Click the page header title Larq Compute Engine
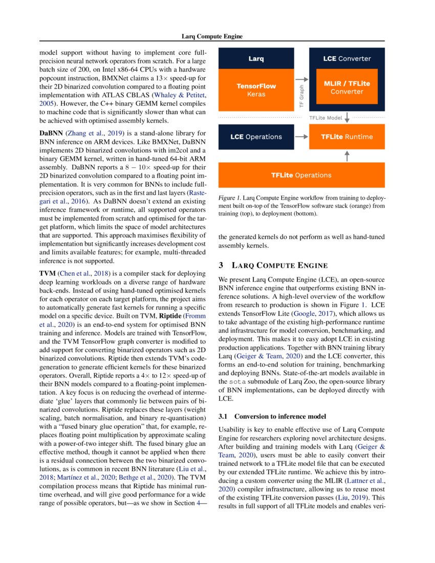pos(212,37)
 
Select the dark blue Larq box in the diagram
pos(256,59)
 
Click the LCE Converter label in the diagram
pos(346,59)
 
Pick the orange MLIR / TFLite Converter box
pos(346,87)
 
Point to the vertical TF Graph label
pos(301,96)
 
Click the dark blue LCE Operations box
pos(256,137)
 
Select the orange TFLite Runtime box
pos(346,137)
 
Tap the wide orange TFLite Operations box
pos(301,175)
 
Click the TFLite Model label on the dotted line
pos(325,118)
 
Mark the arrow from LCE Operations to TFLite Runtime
pos(301,137)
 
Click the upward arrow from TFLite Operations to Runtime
pos(347,156)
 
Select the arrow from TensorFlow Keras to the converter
pos(302,79)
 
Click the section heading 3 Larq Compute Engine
pos(273,265)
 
